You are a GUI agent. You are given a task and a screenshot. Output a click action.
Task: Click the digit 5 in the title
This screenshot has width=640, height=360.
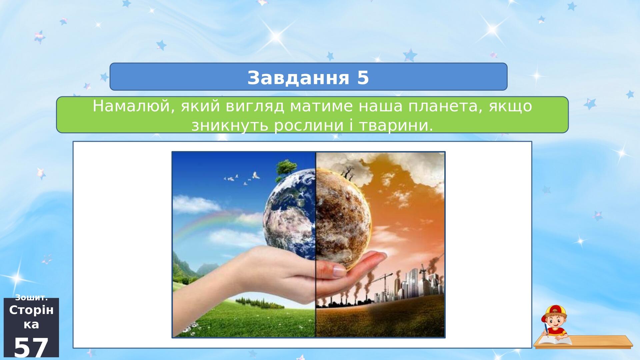tap(363, 78)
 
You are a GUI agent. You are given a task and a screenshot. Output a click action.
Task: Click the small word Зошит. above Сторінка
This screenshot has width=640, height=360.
tap(31, 298)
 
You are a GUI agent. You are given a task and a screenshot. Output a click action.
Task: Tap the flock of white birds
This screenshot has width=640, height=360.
tap(242, 178)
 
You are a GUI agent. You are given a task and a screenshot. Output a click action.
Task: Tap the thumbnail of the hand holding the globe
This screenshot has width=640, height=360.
tap(308, 245)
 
